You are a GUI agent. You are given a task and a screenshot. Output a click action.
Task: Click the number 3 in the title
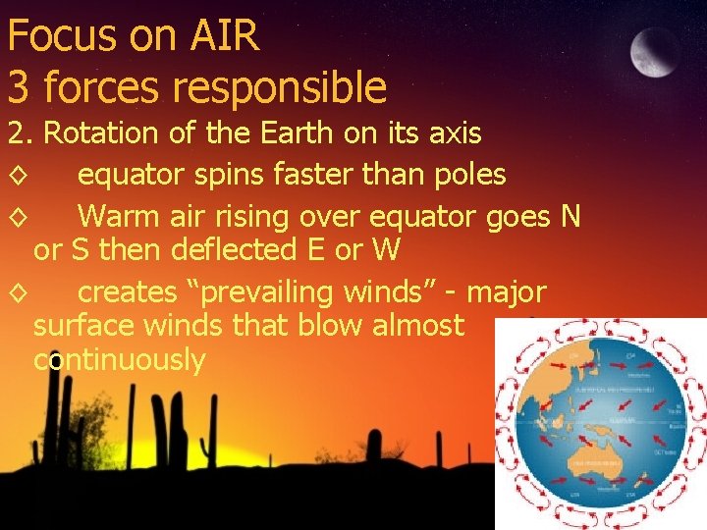(x=18, y=87)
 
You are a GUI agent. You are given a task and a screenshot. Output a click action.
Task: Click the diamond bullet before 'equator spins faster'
(x=18, y=177)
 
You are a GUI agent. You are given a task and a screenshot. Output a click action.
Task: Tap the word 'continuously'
(x=119, y=360)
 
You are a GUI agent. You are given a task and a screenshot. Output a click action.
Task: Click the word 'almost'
(x=417, y=324)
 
